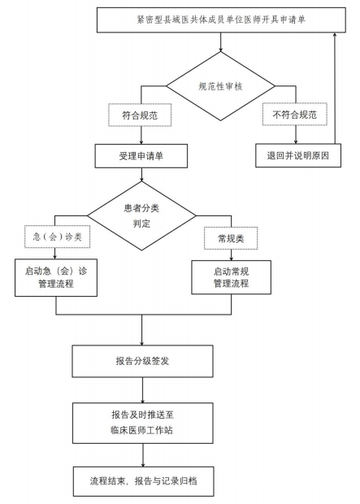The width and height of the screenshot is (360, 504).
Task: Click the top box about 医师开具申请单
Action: [x=221, y=20]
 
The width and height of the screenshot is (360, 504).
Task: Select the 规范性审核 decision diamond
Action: [x=220, y=86]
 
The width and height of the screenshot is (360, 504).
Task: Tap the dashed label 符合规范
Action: [x=140, y=115]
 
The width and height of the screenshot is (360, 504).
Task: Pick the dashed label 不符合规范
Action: [x=295, y=114]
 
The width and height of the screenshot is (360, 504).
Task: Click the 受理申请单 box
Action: [x=141, y=156]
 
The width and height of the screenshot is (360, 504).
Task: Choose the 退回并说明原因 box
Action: [x=298, y=155]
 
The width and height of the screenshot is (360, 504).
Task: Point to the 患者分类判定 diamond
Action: [x=141, y=215]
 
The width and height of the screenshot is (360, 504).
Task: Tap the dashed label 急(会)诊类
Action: [x=57, y=237]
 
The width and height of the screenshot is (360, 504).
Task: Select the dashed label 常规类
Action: [x=231, y=238]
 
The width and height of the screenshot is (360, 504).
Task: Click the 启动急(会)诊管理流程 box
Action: [x=56, y=277]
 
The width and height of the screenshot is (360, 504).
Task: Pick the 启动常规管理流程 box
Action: [x=231, y=277]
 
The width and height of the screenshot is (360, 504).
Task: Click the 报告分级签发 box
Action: [x=142, y=361]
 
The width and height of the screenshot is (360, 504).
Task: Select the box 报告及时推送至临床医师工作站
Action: [x=143, y=423]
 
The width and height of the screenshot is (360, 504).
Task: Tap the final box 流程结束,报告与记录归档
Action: [x=143, y=481]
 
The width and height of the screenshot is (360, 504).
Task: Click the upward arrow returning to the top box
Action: [x=335, y=88]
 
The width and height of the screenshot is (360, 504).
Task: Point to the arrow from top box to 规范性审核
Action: [x=220, y=42]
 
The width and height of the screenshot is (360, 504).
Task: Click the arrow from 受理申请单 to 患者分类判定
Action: [x=141, y=175]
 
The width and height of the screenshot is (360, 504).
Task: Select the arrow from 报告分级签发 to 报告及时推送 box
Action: [x=143, y=390]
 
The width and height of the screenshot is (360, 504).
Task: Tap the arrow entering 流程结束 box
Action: [x=143, y=455]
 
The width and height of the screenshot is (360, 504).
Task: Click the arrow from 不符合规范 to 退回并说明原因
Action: [x=296, y=135]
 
